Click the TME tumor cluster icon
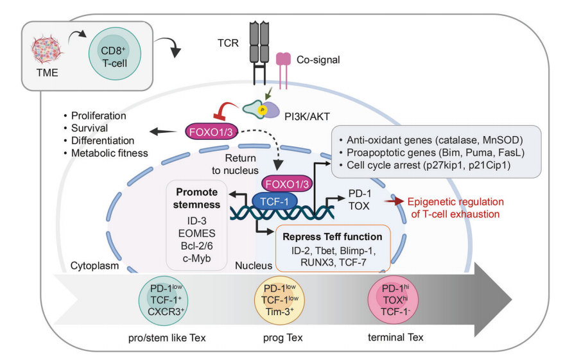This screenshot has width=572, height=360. click(x=49, y=49)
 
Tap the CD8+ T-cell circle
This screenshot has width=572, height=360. click(x=115, y=52)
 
